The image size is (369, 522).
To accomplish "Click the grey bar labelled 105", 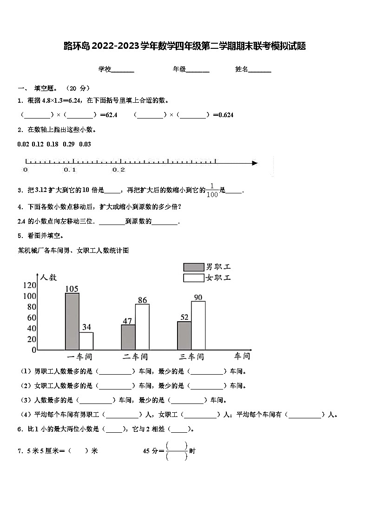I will (72, 321).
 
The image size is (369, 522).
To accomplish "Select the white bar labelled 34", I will (86, 341).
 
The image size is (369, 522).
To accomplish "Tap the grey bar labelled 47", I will (128, 337).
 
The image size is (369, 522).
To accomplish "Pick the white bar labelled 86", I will (142, 327).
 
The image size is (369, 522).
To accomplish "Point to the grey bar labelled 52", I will (184, 336).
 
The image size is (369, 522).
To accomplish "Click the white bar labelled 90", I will (198, 325).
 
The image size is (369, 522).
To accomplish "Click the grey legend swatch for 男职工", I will (193, 267).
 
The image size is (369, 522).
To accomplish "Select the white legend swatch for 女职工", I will (193, 278).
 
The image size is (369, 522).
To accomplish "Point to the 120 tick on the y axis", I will (29, 285).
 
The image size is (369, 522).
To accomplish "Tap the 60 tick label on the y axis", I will (31, 317).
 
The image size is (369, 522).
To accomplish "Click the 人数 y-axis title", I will (48, 277).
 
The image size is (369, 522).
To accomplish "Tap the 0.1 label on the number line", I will (70, 170).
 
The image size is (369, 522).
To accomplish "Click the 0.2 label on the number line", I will (119, 170).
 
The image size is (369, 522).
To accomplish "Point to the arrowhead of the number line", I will (254, 163).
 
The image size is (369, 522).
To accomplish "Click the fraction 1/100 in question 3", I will (212, 190).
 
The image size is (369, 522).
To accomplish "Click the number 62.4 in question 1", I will (112, 115).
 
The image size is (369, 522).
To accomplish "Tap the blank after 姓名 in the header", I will (260, 70).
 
